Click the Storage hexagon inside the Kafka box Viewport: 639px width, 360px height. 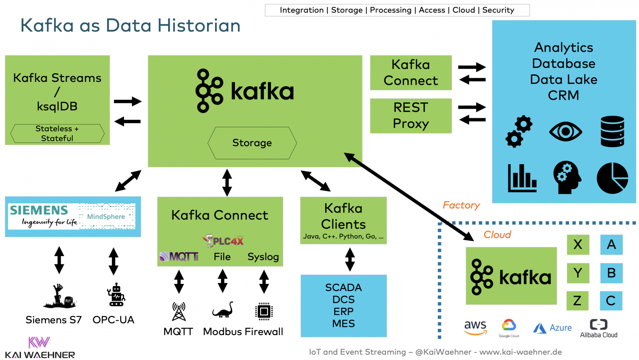(252, 143)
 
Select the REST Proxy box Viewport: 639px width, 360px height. (411, 116)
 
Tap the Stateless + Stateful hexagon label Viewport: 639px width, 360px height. (57, 133)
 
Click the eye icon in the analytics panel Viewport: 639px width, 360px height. (565, 132)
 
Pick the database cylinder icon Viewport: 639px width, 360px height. (612, 131)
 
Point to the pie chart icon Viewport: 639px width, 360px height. (612, 178)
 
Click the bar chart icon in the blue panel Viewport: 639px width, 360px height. (522, 178)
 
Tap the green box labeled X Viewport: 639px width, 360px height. (578, 244)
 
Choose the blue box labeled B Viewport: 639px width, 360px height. (611, 273)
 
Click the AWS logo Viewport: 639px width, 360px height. (475, 327)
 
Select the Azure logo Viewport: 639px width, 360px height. (552, 328)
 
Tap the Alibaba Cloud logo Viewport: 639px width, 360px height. (599, 328)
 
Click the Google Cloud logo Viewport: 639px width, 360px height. (509, 328)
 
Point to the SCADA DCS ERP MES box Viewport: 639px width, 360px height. (343, 306)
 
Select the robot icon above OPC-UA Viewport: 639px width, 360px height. (116, 295)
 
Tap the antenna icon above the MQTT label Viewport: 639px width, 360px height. (179, 311)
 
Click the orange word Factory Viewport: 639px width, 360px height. (461, 205)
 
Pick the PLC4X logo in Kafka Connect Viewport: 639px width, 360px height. (223, 241)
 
